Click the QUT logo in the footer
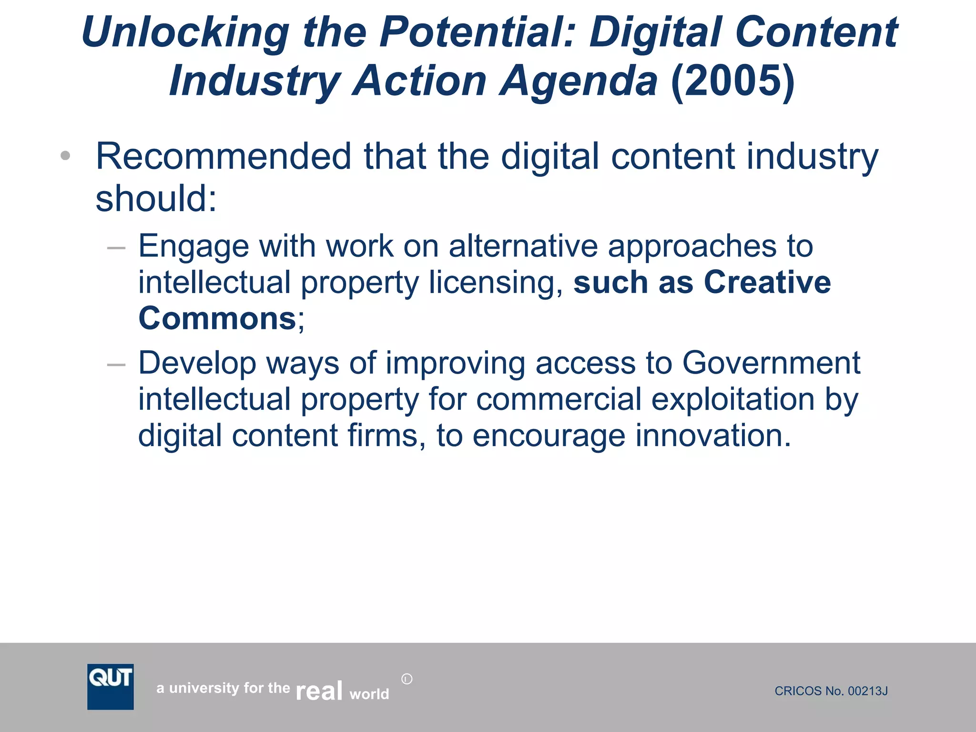(x=110, y=686)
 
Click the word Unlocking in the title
(x=185, y=32)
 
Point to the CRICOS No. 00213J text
(x=831, y=691)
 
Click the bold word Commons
(x=217, y=318)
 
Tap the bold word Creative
(x=767, y=282)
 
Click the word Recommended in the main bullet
(x=224, y=156)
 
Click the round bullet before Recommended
(x=66, y=156)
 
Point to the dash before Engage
(x=116, y=248)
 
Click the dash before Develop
(x=116, y=365)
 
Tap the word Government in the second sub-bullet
(x=771, y=363)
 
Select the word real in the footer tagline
(x=319, y=691)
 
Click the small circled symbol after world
(x=407, y=679)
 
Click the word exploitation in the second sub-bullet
(x=733, y=399)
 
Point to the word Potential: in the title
(x=478, y=32)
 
